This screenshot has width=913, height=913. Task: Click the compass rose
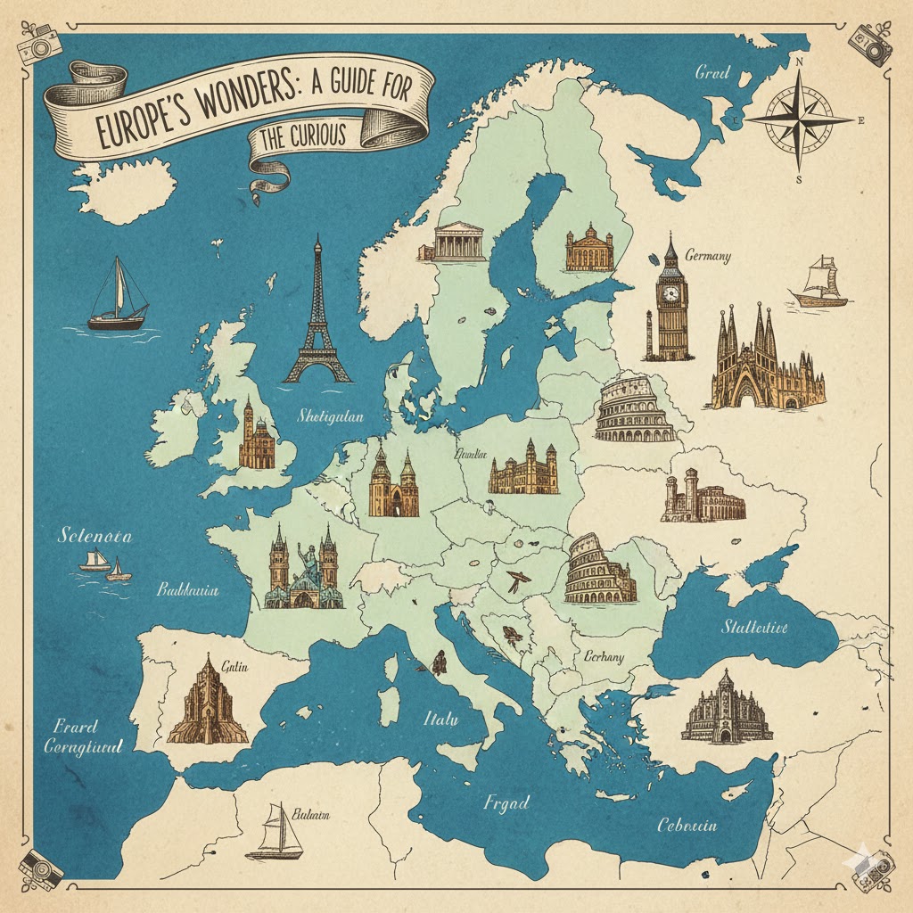(799, 119)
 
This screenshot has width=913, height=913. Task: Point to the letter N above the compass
(799, 62)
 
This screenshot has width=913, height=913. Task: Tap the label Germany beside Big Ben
(708, 257)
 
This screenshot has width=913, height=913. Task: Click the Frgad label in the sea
(507, 802)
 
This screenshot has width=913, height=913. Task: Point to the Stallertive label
(754, 627)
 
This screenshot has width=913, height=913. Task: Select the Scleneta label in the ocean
(94, 536)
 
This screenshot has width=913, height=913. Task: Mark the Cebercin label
(686, 825)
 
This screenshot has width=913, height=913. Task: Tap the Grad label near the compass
(712, 72)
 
